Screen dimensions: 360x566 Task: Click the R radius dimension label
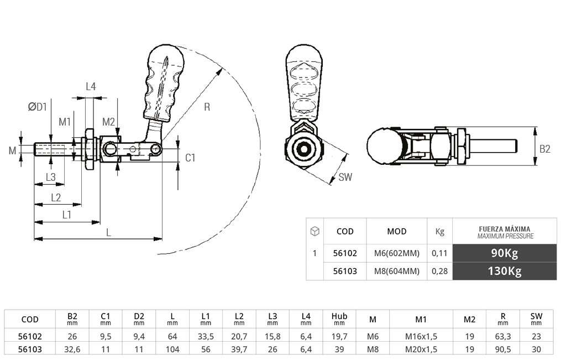[x=207, y=107]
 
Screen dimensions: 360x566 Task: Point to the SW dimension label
[x=345, y=177]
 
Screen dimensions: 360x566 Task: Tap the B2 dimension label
[x=545, y=149]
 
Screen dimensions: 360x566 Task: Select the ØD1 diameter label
[x=38, y=107]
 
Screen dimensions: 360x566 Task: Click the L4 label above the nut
[x=91, y=86]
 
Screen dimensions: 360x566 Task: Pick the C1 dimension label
[x=190, y=158]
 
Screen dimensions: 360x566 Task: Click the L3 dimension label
[x=50, y=177]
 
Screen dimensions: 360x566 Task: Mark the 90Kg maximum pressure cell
[x=504, y=253]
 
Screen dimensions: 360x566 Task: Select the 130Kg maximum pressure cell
[x=504, y=271]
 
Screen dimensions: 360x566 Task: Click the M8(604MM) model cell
[x=396, y=271]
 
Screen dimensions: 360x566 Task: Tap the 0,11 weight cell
[x=439, y=253]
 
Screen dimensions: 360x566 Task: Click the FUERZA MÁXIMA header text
[x=504, y=228]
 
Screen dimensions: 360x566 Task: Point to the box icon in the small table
[x=315, y=231]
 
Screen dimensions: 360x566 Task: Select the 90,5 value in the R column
[x=502, y=349]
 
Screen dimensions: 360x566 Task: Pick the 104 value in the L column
[x=172, y=349]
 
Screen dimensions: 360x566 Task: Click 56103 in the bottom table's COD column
[x=29, y=349]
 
